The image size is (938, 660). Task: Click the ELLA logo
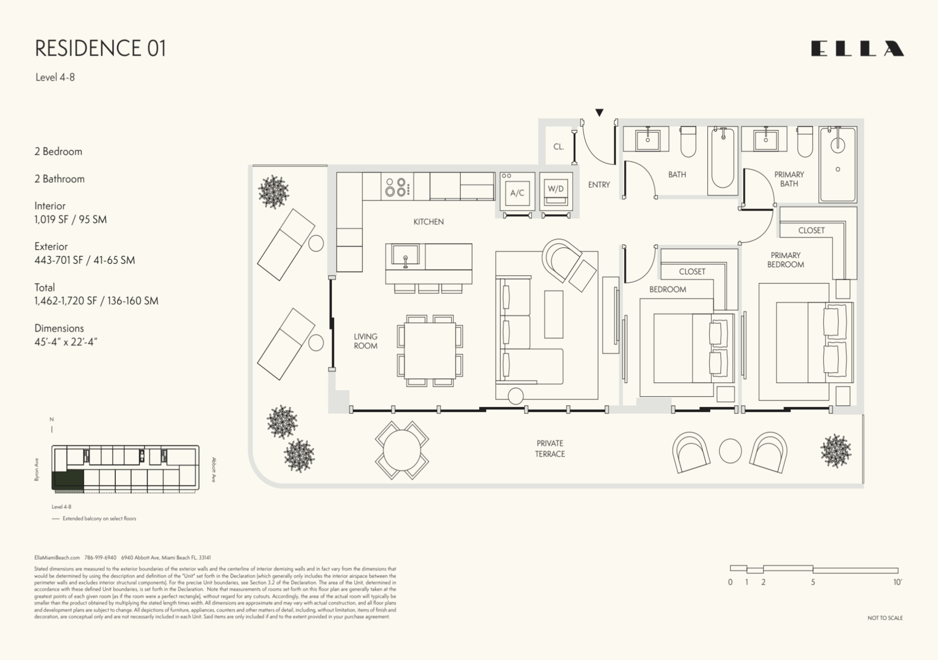point(857,49)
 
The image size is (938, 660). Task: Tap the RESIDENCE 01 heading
point(100,48)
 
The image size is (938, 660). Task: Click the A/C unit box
point(517,193)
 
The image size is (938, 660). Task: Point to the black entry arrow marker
point(599,112)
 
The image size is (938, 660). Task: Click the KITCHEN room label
point(428,221)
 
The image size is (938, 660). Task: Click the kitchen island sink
point(405,255)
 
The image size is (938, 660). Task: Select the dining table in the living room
point(430,351)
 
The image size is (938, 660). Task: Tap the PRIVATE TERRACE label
point(550,448)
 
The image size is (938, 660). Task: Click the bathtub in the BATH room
point(722,158)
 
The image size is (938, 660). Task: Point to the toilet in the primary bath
point(805,142)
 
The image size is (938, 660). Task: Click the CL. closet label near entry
point(558,146)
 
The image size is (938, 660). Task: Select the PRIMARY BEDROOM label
point(785,260)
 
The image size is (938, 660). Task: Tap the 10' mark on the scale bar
point(897,582)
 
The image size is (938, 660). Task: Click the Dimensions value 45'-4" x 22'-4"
point(66,342)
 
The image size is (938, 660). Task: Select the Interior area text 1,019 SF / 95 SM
point(70,220)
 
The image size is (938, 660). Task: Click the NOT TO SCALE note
point(885,618)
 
